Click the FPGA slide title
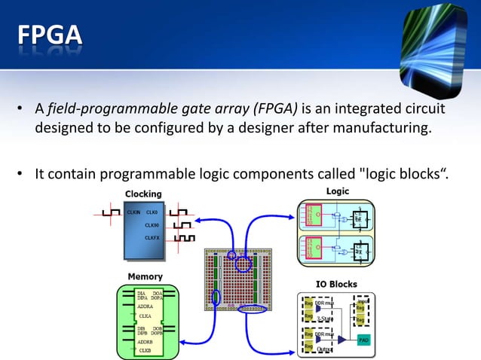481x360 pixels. pyautogui.click(x=50, y=35)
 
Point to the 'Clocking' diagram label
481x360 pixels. pyautogui.click(x=142, y=195)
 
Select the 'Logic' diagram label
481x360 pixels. pyautogui.click(x=337, y=191)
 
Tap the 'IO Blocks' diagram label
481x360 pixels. pyautogui.click(x=335, y=284)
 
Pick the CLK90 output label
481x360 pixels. pyautogui.click(x=152, y=224)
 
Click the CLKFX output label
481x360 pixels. pyautogui.click(x=152, y=237)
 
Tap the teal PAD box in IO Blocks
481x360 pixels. pyautogui.click(x=363, y=340)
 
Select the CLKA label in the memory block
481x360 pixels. pyautogui.click(x=146, y=316)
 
